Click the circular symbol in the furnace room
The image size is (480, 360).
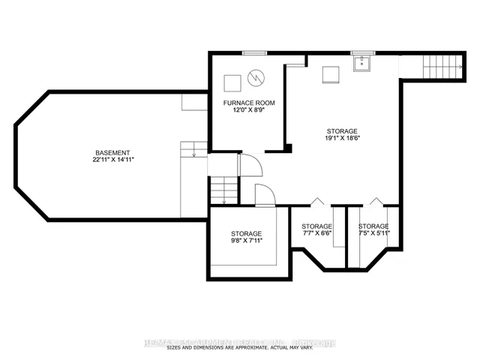click(257, 76)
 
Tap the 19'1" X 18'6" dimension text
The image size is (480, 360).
click(341, 138)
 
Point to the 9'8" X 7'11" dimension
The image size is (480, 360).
click(246, 241)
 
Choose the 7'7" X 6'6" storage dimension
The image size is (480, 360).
click(316, 234)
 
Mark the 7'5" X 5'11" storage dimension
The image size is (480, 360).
click(373, 234)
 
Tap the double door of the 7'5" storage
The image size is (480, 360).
click(374, 202)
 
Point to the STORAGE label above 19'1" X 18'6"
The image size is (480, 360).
click(341, 130)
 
